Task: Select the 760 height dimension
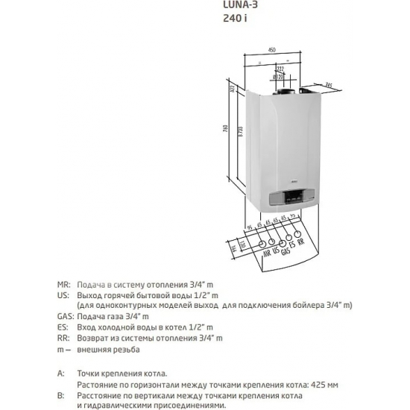(x=236, y=128)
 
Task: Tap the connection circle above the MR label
(x=262, y=244)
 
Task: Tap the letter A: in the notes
(x=60, y=371)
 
